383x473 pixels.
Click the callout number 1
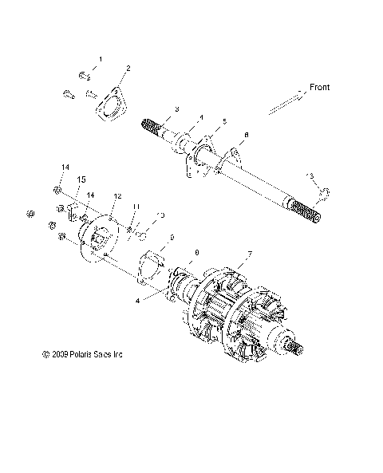(101, 60)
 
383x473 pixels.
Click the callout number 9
(170, 238)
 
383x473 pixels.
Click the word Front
(319, 87)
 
